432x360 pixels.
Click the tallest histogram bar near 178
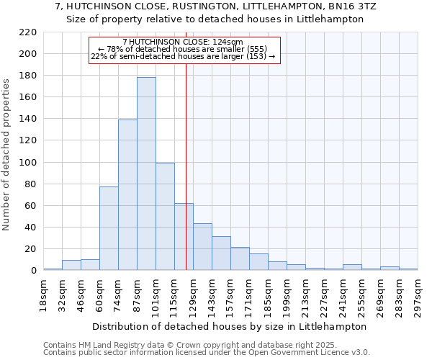pyautogui.click(x=146, y=174)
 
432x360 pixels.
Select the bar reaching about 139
pyautogui.click(x=127, y=194)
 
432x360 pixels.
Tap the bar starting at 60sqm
pyautogui.click(x=109, y=228)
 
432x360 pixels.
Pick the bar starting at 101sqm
pyautogui.click(x=165, y=216)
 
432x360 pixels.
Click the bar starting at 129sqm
pyautogui.click(x=202, y=247)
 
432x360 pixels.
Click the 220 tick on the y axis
pyautogui.click(x=28, y=32)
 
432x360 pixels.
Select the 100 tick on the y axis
pyautogui.click(x=28, y=163)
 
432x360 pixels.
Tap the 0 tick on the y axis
pyautogui.click(x=33, y=271)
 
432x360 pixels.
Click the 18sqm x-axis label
pyautogui.click(x=44, y=294)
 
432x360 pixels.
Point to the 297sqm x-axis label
pyautogui.click(x=418, y=294)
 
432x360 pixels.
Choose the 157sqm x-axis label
pyautogui.click(x=231, y=294)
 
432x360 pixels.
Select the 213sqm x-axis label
pyautogui.click(x=306, y=294)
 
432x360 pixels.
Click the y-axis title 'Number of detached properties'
pyautogui.click(x=7, y=151)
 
